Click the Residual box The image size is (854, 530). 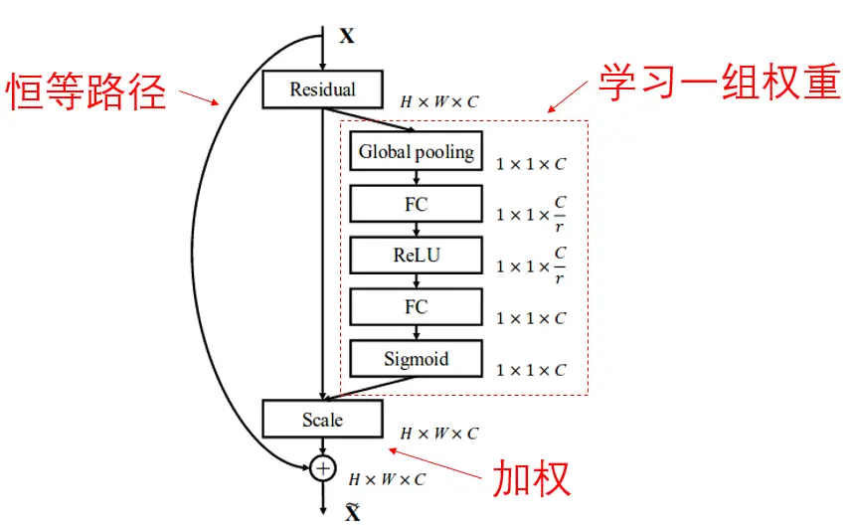coord(322,89)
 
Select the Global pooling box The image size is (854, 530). coord(416,152)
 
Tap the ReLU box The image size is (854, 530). coord(416,256)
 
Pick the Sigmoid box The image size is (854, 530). coord(416,359)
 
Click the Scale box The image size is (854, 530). coord(322,420)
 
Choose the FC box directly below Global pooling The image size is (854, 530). coord(416,204)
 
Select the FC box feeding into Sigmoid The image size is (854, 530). coord(416,307)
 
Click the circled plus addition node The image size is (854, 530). coord(322,467)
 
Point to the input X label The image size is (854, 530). coord(346,37)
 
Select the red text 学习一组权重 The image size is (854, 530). coord(719,84)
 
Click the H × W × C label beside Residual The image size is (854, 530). coord(438,101)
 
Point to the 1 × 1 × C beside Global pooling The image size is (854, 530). coord(531,164)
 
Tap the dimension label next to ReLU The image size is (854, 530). coord(531,266)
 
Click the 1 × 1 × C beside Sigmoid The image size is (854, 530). coord(531,370)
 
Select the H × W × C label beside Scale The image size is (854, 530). coord(438,434)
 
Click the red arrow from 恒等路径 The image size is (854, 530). coord(199,97)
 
